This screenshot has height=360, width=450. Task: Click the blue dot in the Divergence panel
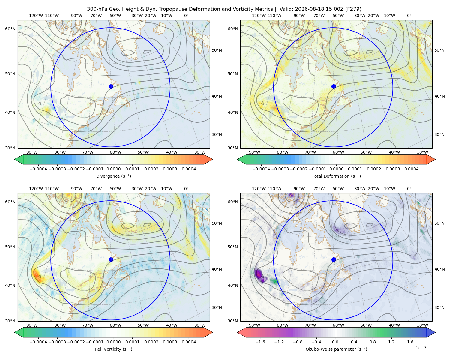click(111, 86)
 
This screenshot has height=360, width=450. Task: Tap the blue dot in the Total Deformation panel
click(334, 86)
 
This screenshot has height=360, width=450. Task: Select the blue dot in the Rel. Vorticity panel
click(111, 259)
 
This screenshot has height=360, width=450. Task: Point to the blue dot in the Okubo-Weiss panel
click(334, 259)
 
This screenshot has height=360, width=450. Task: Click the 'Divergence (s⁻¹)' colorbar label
click(113, 176)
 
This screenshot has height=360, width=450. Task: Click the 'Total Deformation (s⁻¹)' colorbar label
click(336, 176)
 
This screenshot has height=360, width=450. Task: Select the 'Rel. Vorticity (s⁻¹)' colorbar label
click(113, 349)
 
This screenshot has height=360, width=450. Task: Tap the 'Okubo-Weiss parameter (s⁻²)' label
click(336, 349)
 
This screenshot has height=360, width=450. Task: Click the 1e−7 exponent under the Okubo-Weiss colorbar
click(421, 348)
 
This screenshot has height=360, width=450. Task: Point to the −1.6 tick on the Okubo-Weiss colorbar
click(260, 342)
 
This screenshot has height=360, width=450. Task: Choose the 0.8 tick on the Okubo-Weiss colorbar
click(373, 342)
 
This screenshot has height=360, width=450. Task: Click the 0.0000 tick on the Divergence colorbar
click(113, 169)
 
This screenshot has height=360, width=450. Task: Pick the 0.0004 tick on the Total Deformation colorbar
click(411, 169)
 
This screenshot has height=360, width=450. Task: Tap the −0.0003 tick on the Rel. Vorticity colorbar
click(57, 342)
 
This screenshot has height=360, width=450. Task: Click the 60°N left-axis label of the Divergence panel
click(10, 29)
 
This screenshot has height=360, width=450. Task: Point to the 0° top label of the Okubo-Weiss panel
click(409, 189)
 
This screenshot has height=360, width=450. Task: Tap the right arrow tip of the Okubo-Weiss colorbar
click(435, 333)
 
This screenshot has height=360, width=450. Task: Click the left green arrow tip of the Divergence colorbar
click(15, 159)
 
